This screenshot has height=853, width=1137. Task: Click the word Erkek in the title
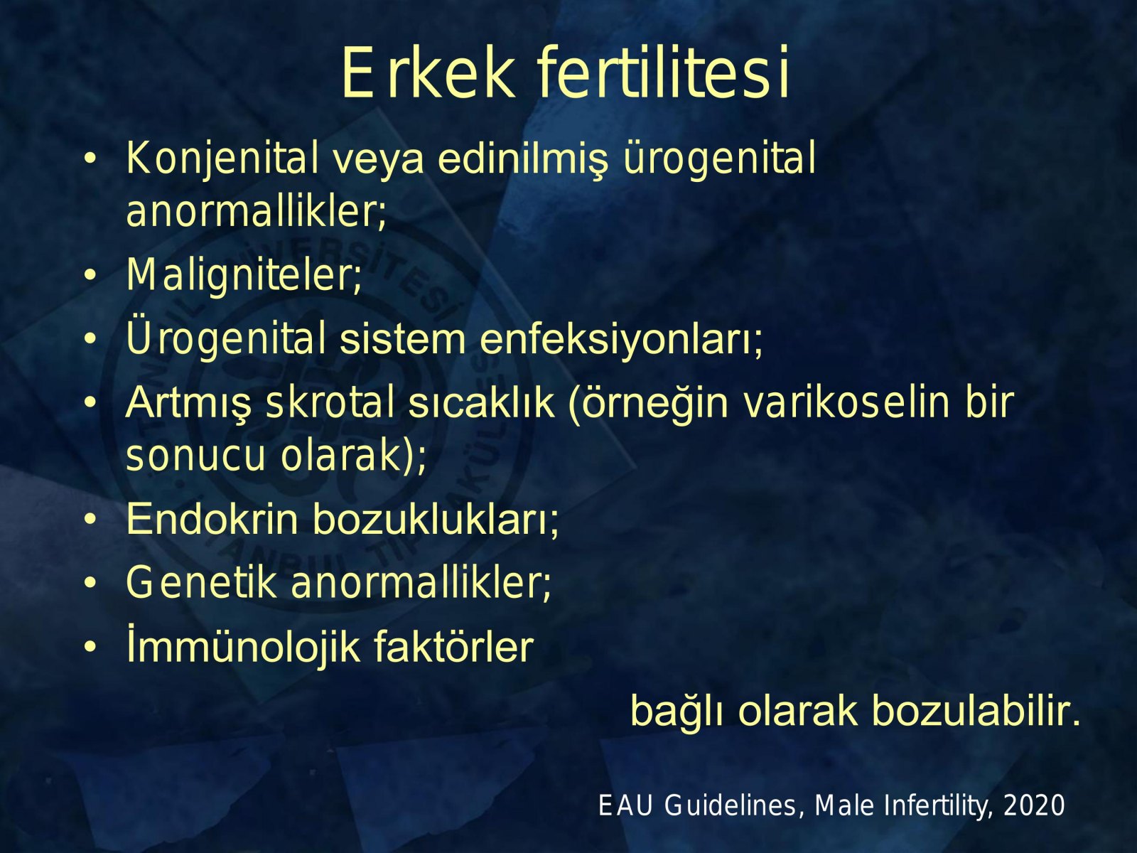(x=429, y=73)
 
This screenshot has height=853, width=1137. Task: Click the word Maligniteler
(x=244, y=274)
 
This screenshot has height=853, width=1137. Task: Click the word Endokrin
(x=212, y=518)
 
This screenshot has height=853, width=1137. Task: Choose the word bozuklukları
(x=436, y=518)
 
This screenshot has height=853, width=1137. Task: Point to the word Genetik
(x=202, y=583)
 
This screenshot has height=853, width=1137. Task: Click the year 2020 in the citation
(x=1034, y=805)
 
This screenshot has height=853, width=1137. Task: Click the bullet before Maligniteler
(x=90, y=276)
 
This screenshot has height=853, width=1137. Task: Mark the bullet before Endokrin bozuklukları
(x=90, y=520)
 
